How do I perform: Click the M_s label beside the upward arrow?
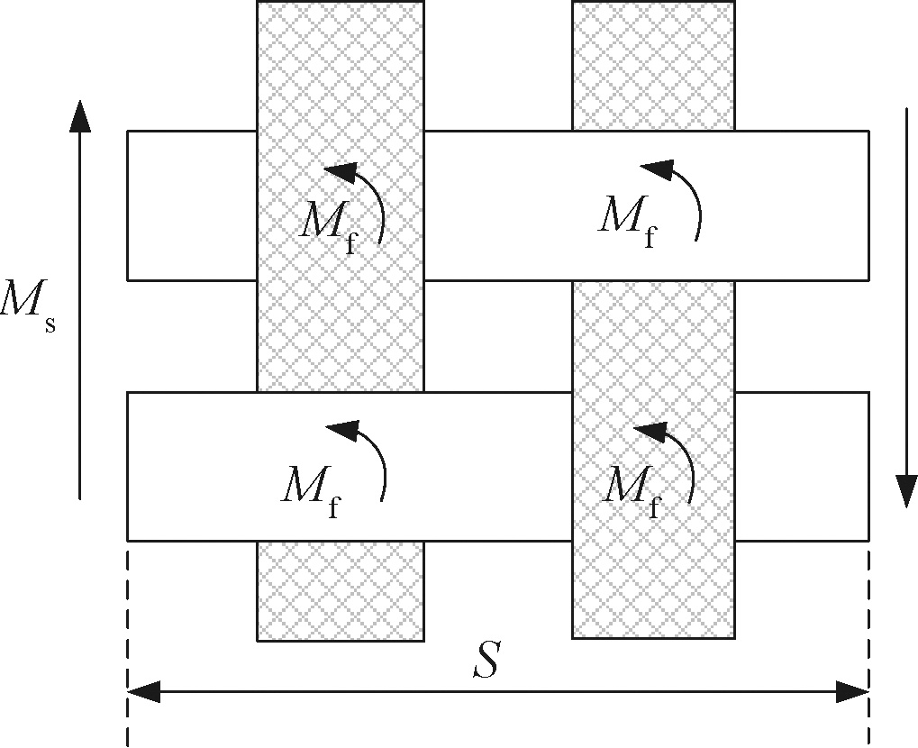[x=29, y=306]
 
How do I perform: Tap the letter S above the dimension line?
[x=487, y=663]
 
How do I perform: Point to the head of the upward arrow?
[x=80, y=115]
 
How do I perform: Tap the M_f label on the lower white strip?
[x=310, y=489]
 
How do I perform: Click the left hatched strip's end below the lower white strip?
[x=341, y=590]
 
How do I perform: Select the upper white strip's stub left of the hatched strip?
[x=192, y=205]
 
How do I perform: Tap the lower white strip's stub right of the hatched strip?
[x=802, y=466]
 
